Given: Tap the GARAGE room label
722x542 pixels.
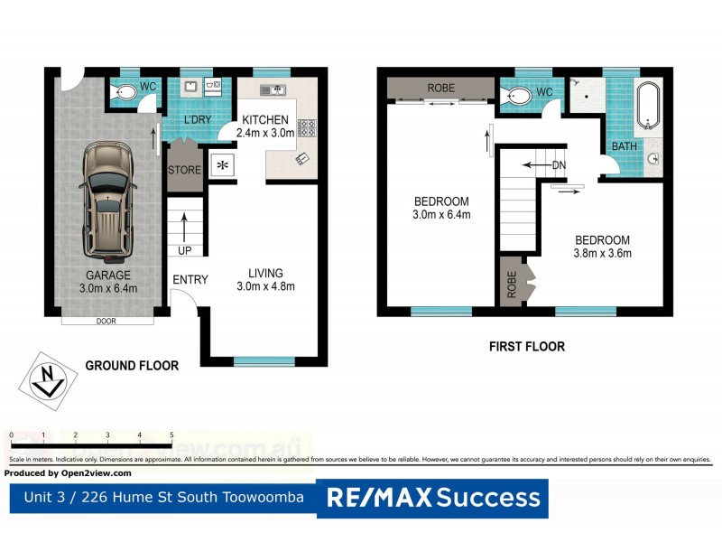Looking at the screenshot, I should coord(108,276).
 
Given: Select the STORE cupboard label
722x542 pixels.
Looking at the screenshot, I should coord(184,170).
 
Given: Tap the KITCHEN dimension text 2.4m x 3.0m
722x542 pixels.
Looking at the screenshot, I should coord(264,133).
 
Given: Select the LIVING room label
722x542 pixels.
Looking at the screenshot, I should coord(265,273).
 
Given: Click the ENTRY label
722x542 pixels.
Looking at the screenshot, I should coord(190,280).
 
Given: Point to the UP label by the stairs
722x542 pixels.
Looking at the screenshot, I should coord(185,250).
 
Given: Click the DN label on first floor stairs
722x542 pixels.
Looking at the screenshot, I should coord(559,165).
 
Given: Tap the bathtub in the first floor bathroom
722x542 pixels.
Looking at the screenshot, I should coord(647,107).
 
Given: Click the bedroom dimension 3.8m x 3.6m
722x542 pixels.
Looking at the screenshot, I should coord(603,254).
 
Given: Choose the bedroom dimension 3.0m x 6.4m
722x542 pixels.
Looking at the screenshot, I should coord(441,214).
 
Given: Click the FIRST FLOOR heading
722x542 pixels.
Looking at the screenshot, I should coord(526,346).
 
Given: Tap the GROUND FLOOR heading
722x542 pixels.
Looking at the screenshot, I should coord(132,366).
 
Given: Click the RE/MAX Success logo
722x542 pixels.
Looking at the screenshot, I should coord(432,498).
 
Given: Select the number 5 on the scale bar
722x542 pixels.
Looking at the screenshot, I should coord(171,435).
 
